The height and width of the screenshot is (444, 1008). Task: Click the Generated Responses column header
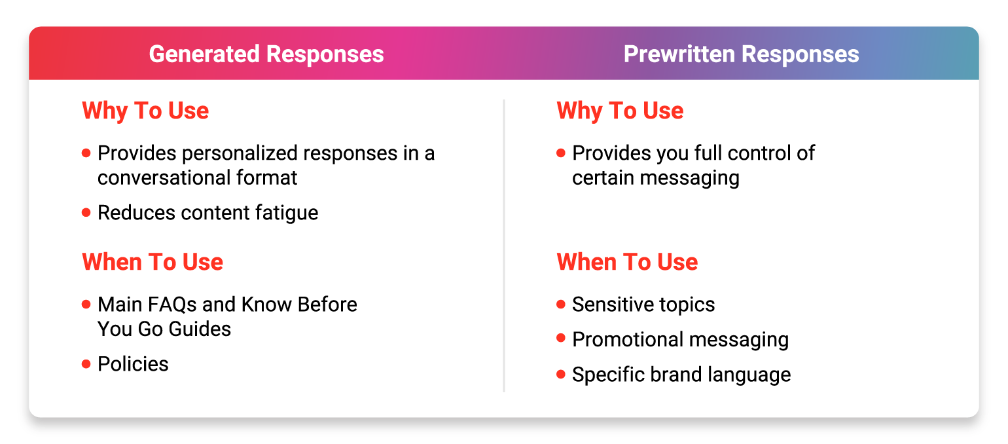coord(266,54)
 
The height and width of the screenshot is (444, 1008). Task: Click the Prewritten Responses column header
coord(741,54)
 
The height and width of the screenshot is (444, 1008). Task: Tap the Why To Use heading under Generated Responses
coord(145,111)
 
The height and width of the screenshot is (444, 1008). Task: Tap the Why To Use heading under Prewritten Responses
coord(620,111)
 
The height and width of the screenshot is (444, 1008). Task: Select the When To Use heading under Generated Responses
coord(153,262)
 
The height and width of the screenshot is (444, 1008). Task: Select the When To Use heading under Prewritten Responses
coord(627,262)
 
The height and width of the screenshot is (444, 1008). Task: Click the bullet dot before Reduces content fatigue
coord(86,212)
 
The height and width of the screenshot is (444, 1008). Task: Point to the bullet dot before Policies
coord(86,363)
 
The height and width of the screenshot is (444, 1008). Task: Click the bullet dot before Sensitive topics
coord(561,305)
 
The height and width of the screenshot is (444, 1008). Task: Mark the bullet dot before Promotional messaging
coord(561,338)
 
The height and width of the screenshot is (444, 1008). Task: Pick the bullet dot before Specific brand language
coord(561,374)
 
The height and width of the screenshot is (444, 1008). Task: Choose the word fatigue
coord(287,213)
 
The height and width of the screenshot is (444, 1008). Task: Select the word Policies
coord(134,364)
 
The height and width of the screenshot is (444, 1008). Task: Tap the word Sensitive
coord(613,305)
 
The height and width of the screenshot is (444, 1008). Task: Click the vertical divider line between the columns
coord(504,246)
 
